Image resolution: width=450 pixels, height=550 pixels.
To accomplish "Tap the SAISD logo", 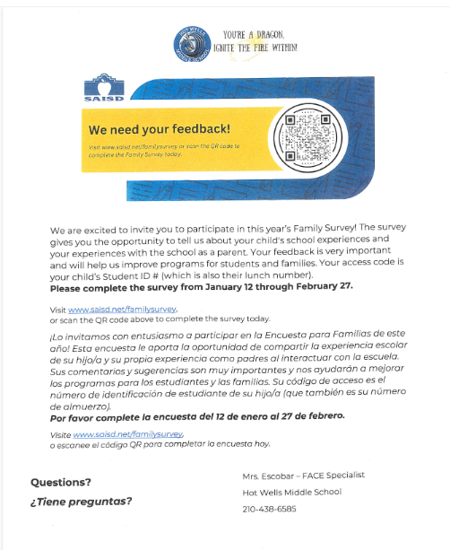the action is coord(100,85).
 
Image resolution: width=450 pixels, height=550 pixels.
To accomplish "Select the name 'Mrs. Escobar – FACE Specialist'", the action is coord(303,475).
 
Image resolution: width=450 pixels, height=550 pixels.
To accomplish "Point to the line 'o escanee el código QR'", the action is coord(158,445).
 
